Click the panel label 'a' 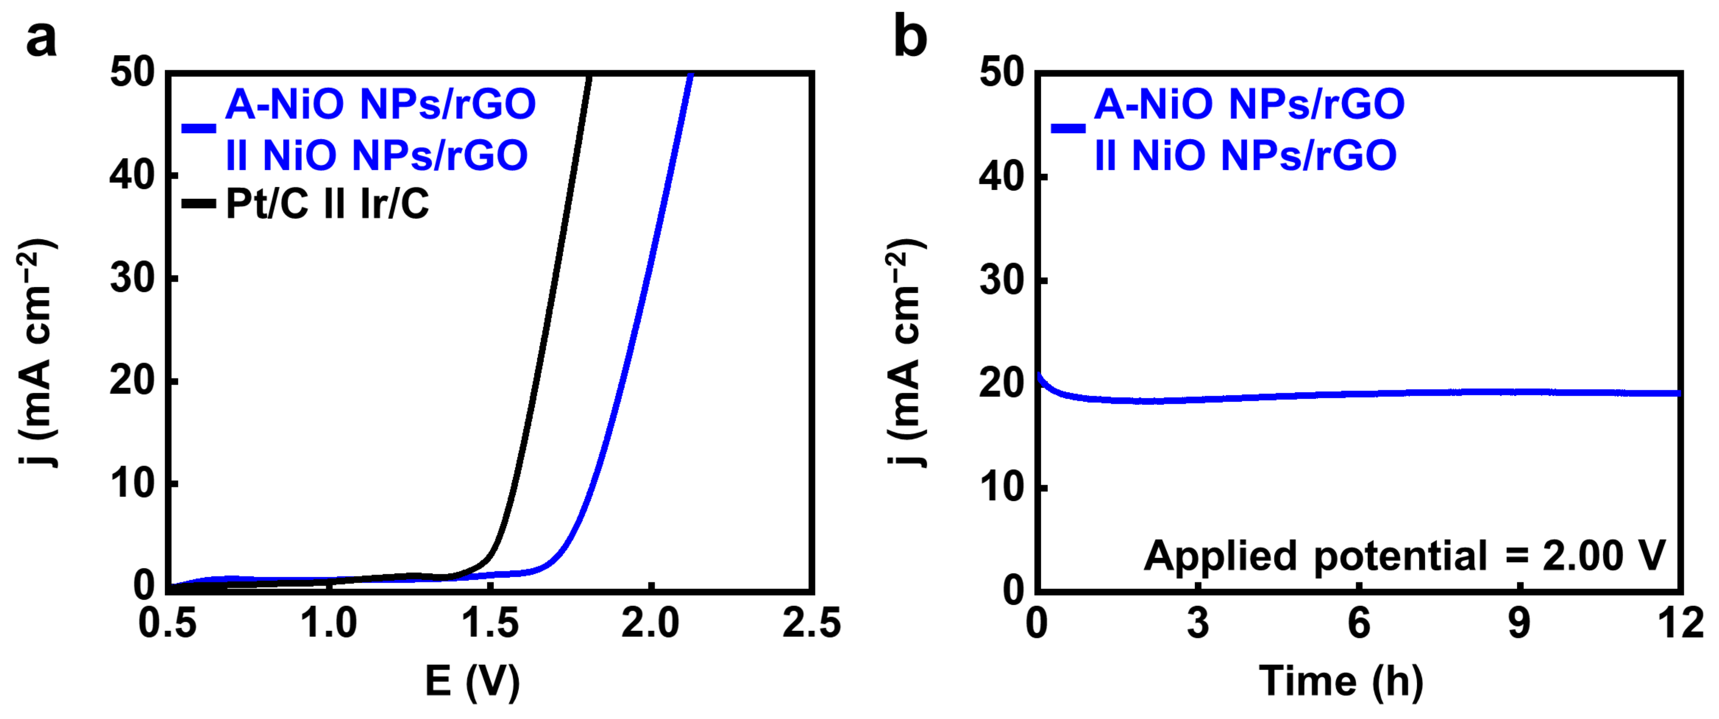coord(41,39)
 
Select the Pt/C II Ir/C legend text coord(327,203)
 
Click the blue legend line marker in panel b coord(1067,128)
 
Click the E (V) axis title coord(472,681)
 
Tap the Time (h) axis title coord(1341,681)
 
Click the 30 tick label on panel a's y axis coord(133,279)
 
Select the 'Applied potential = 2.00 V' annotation coord(1405,556)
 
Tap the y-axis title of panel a coord(37,354)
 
